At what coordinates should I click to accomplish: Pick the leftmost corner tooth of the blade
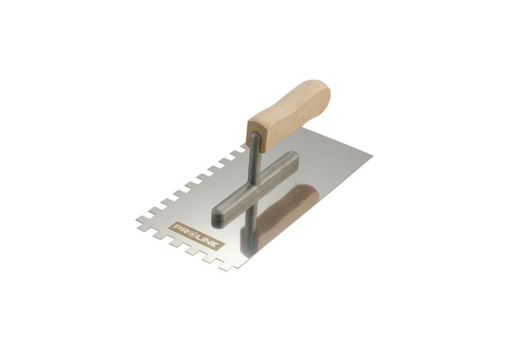pos(140,219)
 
